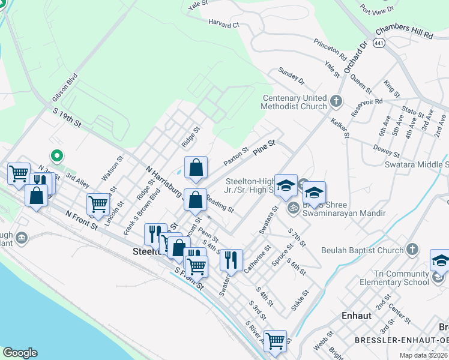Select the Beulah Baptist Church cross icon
[x=412, y=249]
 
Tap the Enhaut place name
[x=357, y=315]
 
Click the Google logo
[x=20, y=353]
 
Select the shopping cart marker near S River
[x=275, y=341]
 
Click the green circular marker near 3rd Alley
[x=57, y=157]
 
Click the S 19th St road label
[x=66, y=116]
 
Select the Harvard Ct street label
[x=223, y=25]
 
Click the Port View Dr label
[x=377, y=9]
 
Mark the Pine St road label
[x=264, y=146]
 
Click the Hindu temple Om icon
[x=294, y=208]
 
